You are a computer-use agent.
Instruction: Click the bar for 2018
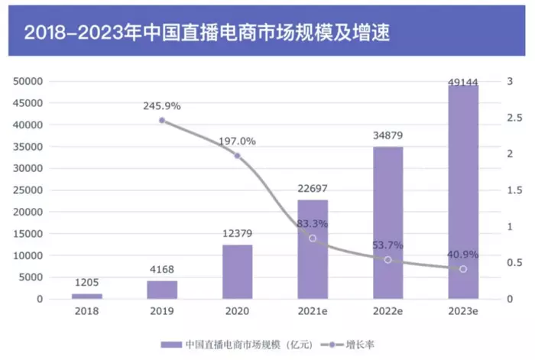(86, 295)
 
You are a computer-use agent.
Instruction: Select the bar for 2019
(162, 290)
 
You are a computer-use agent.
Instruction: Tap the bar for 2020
(237, 271)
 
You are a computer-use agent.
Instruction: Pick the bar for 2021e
(312, 249)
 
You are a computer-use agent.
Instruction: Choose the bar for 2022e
(387, 222)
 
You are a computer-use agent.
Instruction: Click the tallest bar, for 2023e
(462, 191)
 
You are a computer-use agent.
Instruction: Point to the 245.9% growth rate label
(161, 106)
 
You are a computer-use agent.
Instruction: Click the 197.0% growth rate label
(237, 141)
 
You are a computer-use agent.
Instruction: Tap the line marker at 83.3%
(312, 238)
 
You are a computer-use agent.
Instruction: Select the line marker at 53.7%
(387, 260)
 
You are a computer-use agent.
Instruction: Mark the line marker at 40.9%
(462, 269)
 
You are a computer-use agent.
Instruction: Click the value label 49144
(462, 74)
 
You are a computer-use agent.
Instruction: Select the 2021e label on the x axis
(312, 313)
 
